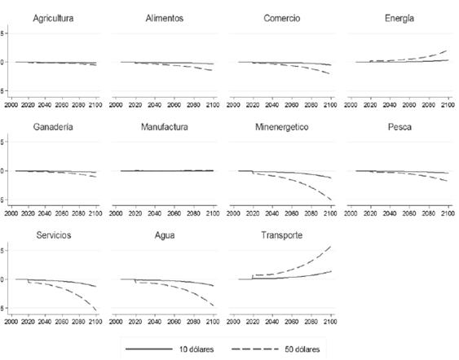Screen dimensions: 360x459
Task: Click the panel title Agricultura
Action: click(x=54, y=17)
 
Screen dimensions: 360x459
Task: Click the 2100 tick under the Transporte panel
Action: click(x=329, y=322)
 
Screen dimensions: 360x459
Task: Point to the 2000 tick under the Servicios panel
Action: click(x=13, y=322)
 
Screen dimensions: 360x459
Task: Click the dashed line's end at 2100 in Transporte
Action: click(x=330, y=247)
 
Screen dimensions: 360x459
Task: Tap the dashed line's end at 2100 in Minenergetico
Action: click(x=330, y=200)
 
